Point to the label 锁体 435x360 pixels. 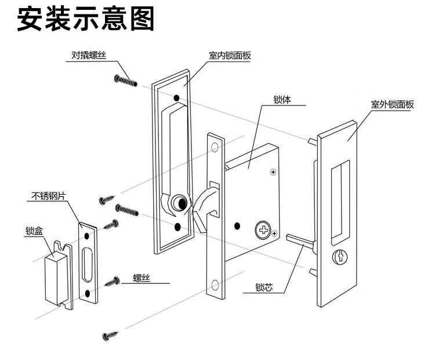(282, 100)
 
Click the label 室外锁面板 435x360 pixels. (392, 105)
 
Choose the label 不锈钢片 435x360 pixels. (48, 197)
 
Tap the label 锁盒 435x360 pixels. (34, 230)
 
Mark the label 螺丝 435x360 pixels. (142, 279)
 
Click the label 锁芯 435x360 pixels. (264, 287)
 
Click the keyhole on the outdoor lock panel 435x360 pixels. (337, 256)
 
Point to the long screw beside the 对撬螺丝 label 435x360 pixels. (126, 79)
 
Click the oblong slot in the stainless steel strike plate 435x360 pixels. (89, 264)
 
